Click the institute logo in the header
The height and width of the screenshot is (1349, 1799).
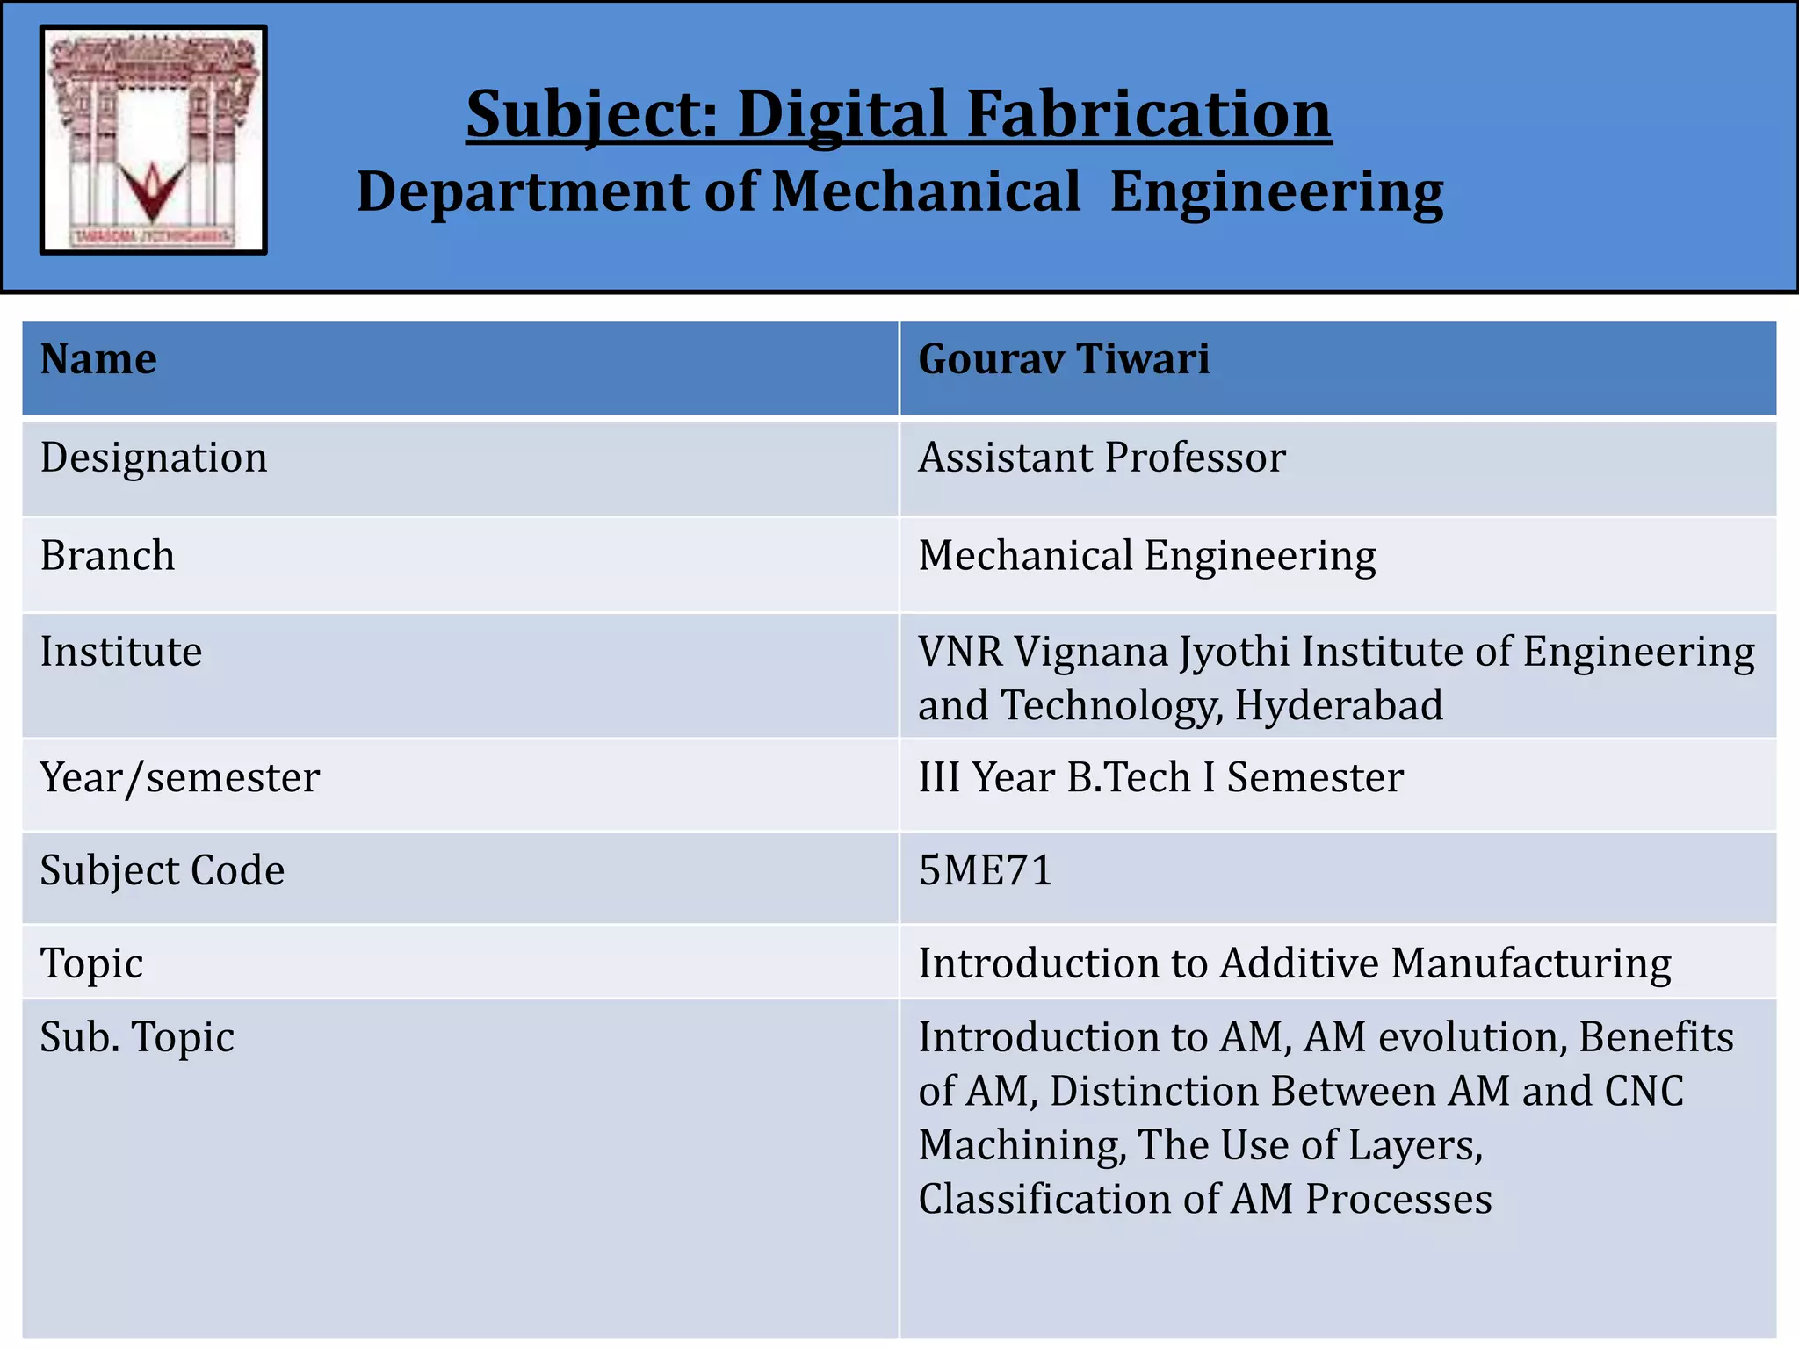pyautogui.click(x=154, y=141)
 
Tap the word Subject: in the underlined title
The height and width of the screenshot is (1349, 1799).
pyautogui.click(x=592, y=114)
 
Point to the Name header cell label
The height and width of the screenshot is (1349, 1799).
pyautogui.click(x=98, y=359)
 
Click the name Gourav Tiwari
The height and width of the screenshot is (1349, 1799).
pyautogui.click(x=1064, y=359)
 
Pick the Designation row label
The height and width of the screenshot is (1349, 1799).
pyautogui.click(x=154, y=458)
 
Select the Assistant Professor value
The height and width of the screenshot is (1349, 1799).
pyautogui.click(x=1102, y=458)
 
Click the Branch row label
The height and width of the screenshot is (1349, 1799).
pyautogui.click(x=107, y=556)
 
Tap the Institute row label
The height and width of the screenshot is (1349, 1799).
pyautogui.click(x=121, y=652)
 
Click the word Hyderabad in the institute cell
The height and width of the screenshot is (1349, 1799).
pyautogui.click(x=1339, y=705)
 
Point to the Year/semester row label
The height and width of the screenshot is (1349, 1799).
pyautogui.click(x=180, y=777)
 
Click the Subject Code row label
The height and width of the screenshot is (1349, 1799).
pyautogui.click(x=163, y=870)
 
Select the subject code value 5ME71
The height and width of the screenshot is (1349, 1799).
pyautogui.click(x=986, y=870)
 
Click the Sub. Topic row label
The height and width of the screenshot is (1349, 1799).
pyautogui.click(x=137, y=1037)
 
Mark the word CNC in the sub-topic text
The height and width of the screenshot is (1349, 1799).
pyautogui.click(x=1644, y=1092)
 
